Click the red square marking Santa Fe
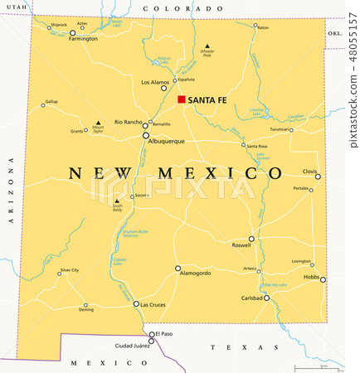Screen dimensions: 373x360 point(181,100)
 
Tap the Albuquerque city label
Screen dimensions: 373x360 point(167,142)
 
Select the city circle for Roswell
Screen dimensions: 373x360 point(251,239)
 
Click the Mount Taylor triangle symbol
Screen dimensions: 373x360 point(98,124)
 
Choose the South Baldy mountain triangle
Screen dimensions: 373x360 point(117,200)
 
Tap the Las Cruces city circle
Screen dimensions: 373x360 point(135,303)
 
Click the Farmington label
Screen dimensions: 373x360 point(83,39)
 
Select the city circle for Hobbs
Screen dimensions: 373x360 point(323,279)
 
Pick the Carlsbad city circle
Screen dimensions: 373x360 point(266,298)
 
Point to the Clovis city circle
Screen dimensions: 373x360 point(318,176)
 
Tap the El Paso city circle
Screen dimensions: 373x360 point(151,335)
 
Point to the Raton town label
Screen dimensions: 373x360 point(263,27)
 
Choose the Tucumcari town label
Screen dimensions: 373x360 point(280,129)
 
